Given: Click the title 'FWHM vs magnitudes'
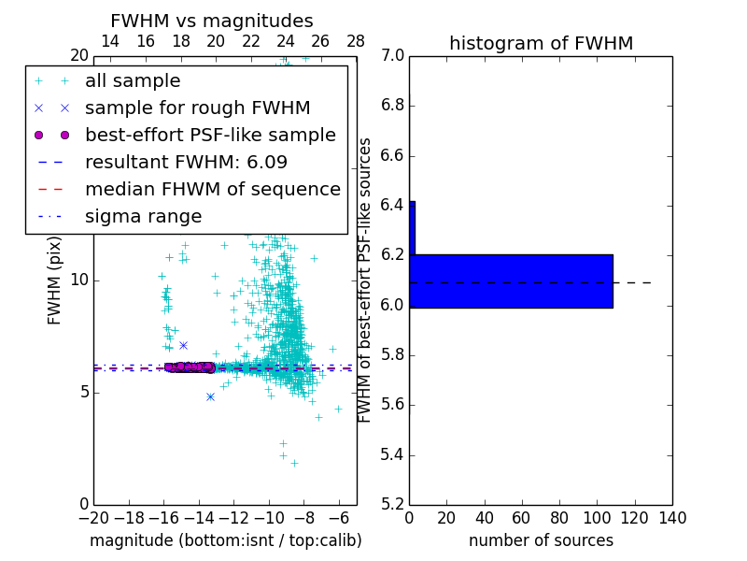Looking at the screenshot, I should pos(212,21).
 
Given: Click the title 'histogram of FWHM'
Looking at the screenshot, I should pos(541,43).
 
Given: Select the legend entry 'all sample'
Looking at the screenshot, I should pos(133,81).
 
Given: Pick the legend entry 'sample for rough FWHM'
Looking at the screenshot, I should pos(197,108).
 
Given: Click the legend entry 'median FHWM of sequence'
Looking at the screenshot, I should pos(212,189).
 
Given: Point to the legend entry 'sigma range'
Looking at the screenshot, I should pos(143,217).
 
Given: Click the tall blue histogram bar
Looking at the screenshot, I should pos(511,280).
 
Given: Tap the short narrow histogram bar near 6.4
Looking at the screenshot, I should pos(412,227).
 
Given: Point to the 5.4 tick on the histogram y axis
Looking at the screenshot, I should pos(392,455).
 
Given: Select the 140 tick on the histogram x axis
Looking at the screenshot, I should pos(672,517).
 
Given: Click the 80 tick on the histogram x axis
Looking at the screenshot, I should pos(559,517).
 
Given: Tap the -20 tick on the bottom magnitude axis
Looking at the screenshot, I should pos(93,517).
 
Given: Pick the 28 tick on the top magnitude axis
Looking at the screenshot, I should pos(356,41).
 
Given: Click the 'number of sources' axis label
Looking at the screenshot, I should pos(541,540).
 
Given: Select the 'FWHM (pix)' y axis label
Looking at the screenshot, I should pos(55,280).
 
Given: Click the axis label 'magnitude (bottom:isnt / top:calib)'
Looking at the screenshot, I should pos(225,540).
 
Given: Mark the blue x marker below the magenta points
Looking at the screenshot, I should pos(210,396).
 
